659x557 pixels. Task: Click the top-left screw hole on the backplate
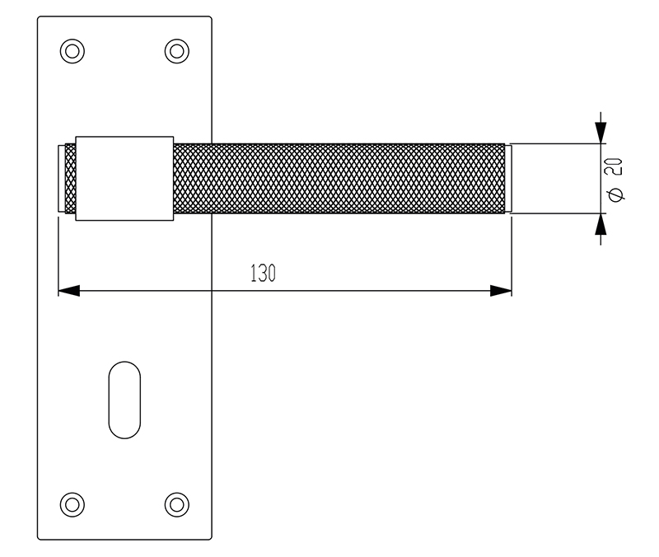click(72, 51)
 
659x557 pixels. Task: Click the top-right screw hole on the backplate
click(176, 51)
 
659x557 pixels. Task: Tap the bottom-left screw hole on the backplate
click(72, 504)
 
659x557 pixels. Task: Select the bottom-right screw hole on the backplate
click(176, 504)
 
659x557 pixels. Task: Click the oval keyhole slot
click(124, 400)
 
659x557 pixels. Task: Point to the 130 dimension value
click(263, 274)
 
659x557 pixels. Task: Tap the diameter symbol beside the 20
click(615, 194)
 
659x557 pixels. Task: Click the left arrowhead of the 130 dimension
click(69, 291)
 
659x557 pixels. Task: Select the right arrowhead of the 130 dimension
click(501, 291)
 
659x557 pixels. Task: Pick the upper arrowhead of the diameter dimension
click(601, 133)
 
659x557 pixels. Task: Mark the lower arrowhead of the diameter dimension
click(601, 224)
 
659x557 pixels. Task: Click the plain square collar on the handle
click(124, 178)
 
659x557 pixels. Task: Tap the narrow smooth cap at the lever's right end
click(508, 179)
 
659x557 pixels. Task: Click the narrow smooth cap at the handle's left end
click(61, 179)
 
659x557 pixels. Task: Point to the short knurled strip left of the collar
click(70, 179)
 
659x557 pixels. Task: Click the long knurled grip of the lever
click(339, 179)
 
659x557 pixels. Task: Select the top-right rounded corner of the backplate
click(210, 18)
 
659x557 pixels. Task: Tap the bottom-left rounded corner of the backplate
click(39, 538)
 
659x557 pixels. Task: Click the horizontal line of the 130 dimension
click(285, 291)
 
